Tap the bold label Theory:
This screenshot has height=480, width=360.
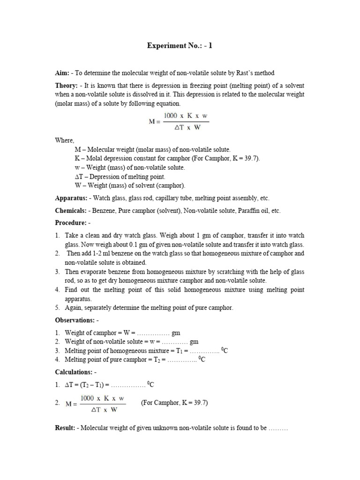(66, 86)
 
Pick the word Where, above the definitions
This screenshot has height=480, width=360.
(64, 140)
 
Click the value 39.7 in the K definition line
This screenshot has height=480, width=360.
(250, 158)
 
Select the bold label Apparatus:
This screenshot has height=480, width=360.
(71, 198)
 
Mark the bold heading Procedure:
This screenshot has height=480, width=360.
(70, 224)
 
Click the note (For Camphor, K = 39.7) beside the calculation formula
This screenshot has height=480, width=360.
(174, 403)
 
